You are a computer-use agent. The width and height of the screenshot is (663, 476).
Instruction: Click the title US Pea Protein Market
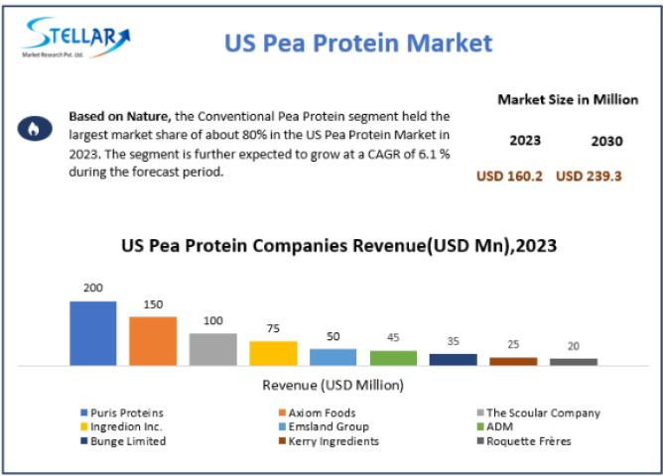point(357,43)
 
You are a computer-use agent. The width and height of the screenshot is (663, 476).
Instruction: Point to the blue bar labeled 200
point(93,333)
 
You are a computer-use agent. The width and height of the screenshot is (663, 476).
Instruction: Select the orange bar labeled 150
point(153,340)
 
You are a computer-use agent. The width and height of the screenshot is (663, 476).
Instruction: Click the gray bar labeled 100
point(213,349)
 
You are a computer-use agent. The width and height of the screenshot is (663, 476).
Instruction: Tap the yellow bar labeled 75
point(273,353)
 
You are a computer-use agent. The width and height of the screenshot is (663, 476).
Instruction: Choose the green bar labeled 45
point(393,358)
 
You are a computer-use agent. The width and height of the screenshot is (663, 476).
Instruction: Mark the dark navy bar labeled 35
point(454,359)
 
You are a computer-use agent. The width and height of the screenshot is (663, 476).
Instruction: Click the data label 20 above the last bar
point(574,346)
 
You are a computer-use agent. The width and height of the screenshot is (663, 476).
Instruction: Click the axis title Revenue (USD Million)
point(332,385)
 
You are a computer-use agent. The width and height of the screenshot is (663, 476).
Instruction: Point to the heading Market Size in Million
point(567,99)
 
